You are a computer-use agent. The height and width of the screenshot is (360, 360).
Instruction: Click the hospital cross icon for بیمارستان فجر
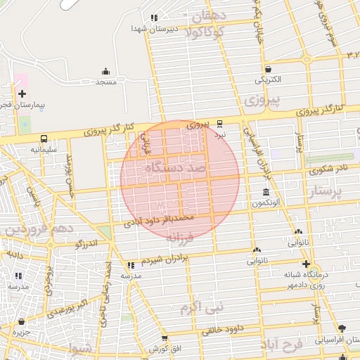pos(22,93)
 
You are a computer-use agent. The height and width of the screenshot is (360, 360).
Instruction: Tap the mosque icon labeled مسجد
pos(105,71)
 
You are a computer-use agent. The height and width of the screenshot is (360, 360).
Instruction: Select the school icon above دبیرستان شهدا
pos(154,18)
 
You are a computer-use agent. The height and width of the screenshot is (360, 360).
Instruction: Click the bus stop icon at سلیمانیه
pos(44,139)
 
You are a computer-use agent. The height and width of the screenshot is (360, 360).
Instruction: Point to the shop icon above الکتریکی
pos(269,68)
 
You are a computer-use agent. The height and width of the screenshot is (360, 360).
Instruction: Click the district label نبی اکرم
pos(200,307)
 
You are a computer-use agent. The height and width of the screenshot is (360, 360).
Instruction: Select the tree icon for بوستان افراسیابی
pos(342,328)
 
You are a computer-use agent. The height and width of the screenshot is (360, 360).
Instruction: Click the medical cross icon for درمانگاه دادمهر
pos(306,264)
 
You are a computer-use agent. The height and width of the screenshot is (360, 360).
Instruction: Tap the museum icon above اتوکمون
pos(266,192)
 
